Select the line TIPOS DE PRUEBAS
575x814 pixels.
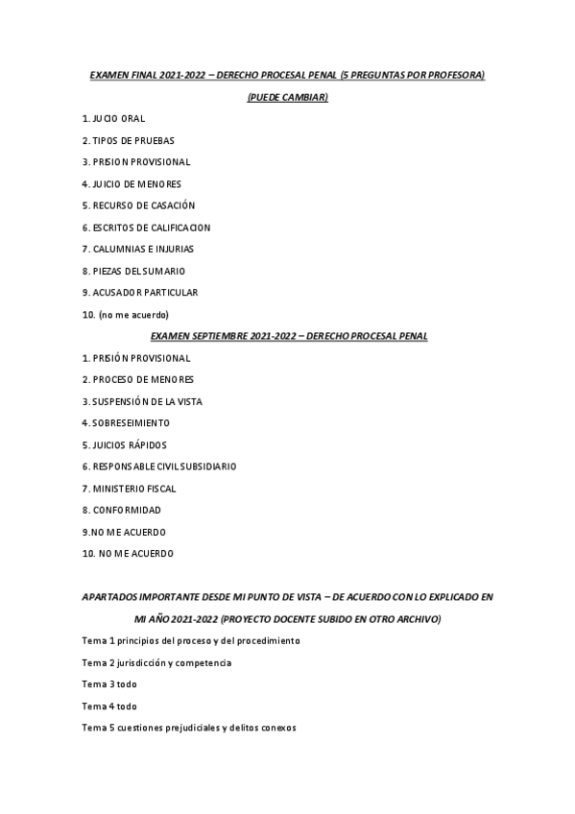(128, 140)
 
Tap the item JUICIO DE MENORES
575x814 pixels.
(132, 183)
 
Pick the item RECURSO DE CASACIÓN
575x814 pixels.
(138, 205)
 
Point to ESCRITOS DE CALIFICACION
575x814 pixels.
(146, 227)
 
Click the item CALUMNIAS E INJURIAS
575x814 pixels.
(138, 249)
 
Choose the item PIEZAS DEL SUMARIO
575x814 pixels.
(133, 271)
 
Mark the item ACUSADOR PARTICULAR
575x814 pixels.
(139, 292)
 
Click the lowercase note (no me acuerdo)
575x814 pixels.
(126, 314)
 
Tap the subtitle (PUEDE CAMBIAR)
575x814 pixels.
(287, 97)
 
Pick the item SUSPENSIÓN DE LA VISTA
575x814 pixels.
(142, 401)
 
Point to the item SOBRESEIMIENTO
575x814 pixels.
(126, 422)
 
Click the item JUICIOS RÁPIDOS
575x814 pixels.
(125, 444)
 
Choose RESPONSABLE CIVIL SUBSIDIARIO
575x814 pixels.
(158, 467)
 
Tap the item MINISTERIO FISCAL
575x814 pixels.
(129, 488)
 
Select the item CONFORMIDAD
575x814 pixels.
(121, 510)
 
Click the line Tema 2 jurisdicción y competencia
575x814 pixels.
(156, 662)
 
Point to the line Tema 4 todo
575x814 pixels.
(109, 706)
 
